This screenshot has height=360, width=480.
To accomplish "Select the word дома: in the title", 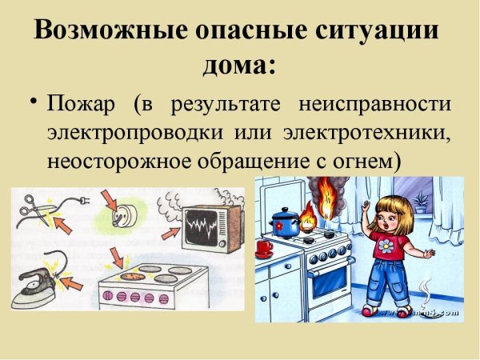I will (239, 62).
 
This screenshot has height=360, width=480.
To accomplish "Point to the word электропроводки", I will (135, 132).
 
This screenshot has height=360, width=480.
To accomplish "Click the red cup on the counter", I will (265, 248).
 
